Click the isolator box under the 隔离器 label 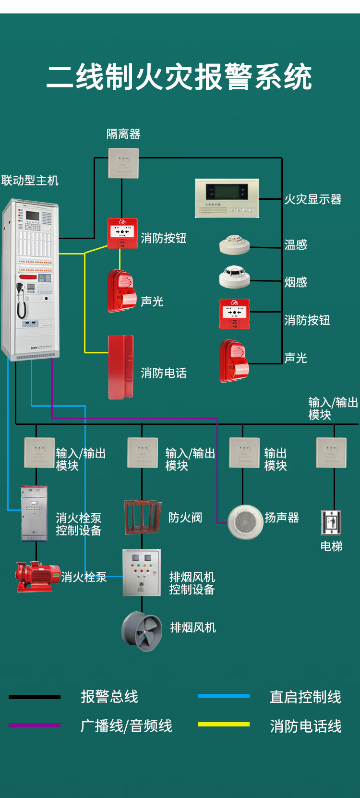(x=123, y=163)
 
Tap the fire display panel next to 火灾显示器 (x=227, y=198)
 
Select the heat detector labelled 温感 (x=235, y=244)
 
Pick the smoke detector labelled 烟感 (x=235, y=277)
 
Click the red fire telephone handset (x=120, y=367)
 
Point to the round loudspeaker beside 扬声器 (x=245, y=522)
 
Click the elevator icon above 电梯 (x=331, y=522)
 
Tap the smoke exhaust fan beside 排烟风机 (x=142, y=631)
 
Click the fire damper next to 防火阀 (x=143, y=517)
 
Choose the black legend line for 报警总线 (x=35, y=696)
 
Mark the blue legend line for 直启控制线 (x=223, y=696)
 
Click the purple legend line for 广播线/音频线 (x=35, y=725)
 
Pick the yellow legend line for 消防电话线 (x=223, y=724)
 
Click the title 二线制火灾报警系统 (x=180, y=77)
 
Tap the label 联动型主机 (x=30, y=181)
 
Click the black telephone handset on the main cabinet (x=21, y=300)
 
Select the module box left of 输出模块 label (x=244, y=453)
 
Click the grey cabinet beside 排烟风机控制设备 (x=142, y=572)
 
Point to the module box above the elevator (x=331, y=453)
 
